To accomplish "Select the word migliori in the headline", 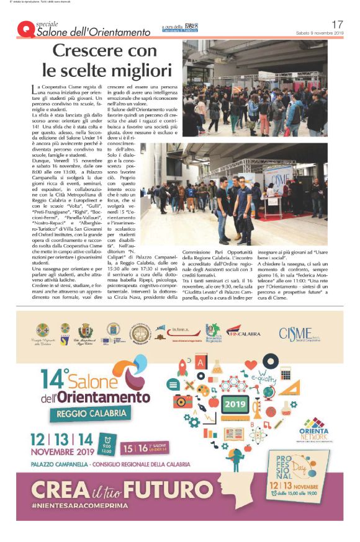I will pos(137,69).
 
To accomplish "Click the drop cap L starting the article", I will pos(34,90).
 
